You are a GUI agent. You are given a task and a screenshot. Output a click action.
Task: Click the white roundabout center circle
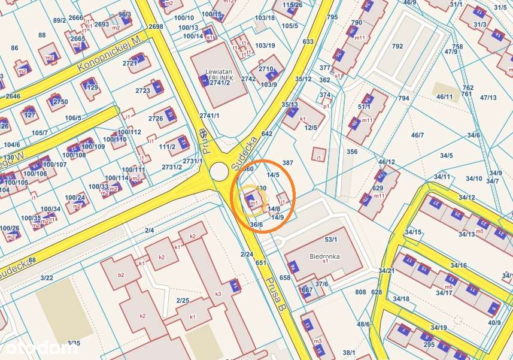pos(218,171)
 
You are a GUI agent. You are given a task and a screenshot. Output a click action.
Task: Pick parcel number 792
pos(397,46)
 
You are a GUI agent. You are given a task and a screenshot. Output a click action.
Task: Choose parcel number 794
pos(403,98)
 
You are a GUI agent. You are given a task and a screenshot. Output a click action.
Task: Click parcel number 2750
pos(60,102)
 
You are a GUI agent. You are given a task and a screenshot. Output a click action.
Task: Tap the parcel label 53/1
pos(331,240)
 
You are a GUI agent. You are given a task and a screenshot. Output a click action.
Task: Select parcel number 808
pos(360,292)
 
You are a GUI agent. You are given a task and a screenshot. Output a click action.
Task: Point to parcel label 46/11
pos(445,96)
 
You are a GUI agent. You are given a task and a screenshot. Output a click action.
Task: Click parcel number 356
pos(352,152)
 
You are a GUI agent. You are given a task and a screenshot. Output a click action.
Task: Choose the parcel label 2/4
pos(149,230)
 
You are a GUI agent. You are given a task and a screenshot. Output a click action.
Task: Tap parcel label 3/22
pos(46,277)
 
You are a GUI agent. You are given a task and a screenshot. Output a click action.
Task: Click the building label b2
pos(121,275)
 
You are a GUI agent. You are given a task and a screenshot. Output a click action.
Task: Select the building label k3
pos(218,294)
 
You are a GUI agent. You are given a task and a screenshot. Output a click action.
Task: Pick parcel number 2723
pos(142,90)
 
